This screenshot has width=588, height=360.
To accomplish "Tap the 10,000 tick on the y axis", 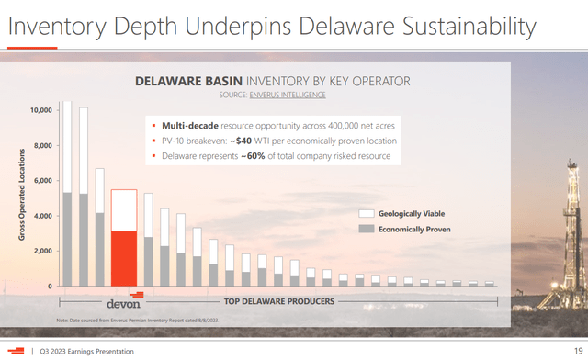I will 40,110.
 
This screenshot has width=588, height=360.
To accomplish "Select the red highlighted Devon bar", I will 124,239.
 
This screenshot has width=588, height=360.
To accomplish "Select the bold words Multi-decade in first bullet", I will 189,124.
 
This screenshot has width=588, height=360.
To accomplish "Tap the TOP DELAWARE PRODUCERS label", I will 279,301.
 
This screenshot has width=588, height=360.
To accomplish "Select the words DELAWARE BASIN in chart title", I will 183,81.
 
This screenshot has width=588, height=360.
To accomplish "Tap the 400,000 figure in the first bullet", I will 332,124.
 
